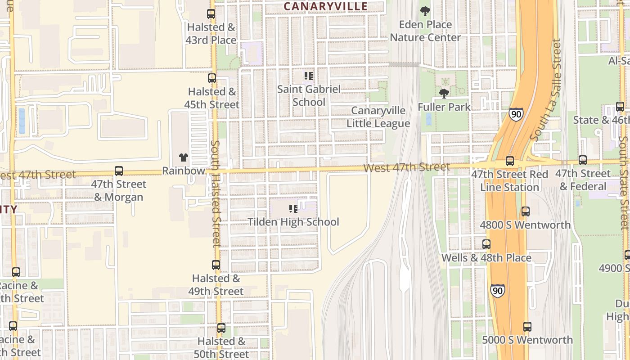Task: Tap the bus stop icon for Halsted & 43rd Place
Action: pyautogui.click(x=211, y=14)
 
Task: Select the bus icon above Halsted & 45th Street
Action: pyautogui.click(x=211, y=78)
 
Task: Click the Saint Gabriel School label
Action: pyautogui.click(x=309, y=95)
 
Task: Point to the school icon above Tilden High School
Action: pyautogui.click(x=293, y=209)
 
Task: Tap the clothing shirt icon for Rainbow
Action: pyautogui.click(x=183, y=157)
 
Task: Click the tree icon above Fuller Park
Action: pyautogui.click(x=444, y=94)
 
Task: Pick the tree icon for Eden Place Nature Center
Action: pyautogui.click(x=425, y=11)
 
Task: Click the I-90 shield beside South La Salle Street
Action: pyautogui.click(x=516, y=114)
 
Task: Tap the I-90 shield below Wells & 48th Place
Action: pyautogui.click(x=497, y=290)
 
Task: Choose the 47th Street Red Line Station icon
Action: pyautogui.click(x=509, y=161)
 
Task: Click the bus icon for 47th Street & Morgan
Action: pyautogui.click(x=118, y=171)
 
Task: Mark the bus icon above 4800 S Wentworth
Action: pyautogui.click(x=525, y=211)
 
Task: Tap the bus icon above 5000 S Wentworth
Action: pyautogui.click(x=527, y=327)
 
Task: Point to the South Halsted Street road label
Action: pyautogui.click(x=216, y=193)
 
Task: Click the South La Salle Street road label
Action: pyautogui.click(x=546, y=90)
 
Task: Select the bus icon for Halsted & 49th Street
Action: pyautogui.click(x=216, y=265)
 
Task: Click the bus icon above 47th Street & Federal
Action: pyautogui.click(x=582, y=160)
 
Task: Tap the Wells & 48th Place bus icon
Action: pyautogui.click(x=486, y=244)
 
